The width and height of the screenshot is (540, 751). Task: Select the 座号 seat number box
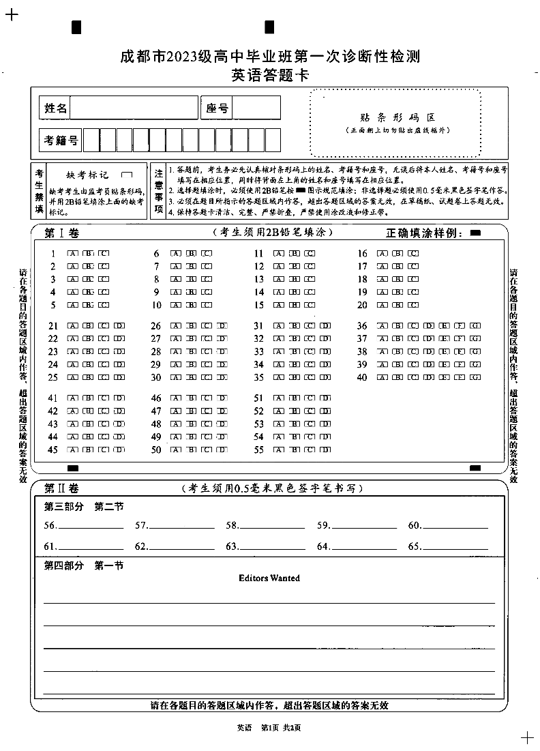coord(257,108)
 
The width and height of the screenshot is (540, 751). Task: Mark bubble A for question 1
coord(72,254)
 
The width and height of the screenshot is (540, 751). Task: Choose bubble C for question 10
coord(207,306)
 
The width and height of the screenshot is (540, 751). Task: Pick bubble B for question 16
coord(397,254)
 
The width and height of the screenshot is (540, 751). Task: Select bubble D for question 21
coord(119,326)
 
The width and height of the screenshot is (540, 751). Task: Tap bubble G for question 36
coord(475,326)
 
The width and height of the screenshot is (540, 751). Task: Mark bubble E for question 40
coord(445,377)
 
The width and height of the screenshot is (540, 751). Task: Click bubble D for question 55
coord(325,450)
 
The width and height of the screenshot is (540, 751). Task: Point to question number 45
coord(53,450)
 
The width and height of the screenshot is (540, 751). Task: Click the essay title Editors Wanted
coord(269,578)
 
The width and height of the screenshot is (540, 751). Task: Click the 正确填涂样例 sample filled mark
coord(475,233)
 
